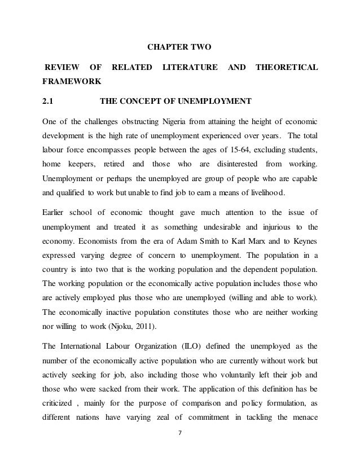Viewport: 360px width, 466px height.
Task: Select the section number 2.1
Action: click(49, 102)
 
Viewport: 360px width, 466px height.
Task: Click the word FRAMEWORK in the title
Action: click(71, 82)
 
